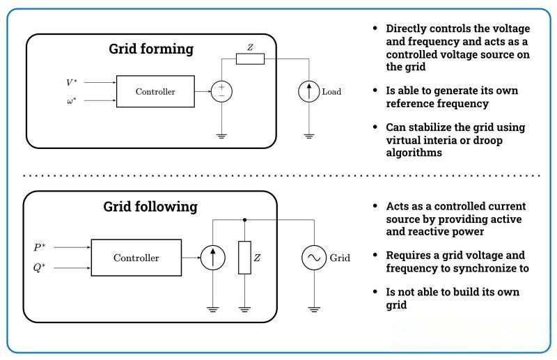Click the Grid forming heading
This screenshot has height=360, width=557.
[151, 49]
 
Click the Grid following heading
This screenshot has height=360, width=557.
[150, 207]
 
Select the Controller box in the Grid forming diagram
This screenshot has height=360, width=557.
[155, 91]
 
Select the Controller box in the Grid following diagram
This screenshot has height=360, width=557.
[136, 258]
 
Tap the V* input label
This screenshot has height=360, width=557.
[72, 82]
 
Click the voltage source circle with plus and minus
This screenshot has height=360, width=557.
[221, 91]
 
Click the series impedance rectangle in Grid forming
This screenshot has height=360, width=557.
[250, 59]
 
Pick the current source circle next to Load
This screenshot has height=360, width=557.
[308, 91]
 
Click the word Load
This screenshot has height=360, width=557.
[331, 92]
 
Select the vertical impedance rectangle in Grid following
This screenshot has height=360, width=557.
[244, 258]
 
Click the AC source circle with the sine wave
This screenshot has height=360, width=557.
[313, 258]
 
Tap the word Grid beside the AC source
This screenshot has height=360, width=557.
[340, 258]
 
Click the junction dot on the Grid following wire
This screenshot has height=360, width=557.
[244, 219]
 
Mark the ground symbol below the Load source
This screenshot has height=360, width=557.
[308, 134]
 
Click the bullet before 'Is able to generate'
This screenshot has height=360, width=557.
[376, 91]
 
